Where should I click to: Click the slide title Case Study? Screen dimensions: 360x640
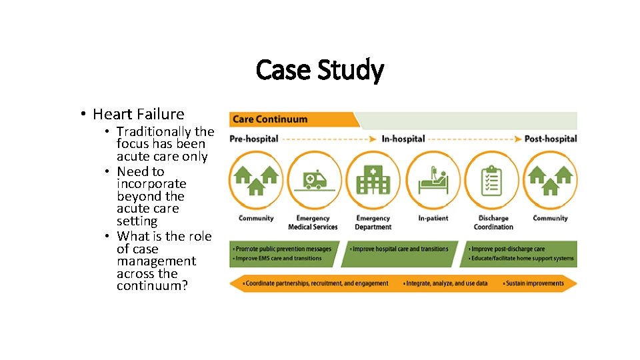[x=319, y=70]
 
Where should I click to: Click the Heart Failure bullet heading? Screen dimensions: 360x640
[x=139, y=114]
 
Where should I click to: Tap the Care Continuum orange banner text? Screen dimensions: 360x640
[x=269, y=119]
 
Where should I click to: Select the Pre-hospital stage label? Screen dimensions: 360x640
[x=254, y=139]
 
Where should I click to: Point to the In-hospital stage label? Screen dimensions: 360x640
[x=403, y=139]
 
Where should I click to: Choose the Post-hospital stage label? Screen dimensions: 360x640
[x=551, y=139]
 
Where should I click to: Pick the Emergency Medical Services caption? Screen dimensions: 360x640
[x=313, y=223]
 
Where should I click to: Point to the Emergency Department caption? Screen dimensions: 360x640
[x=373, y=223]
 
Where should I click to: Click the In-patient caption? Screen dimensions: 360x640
[x=433, y=219]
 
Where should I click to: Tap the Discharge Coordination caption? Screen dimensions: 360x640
[x=493, y=223]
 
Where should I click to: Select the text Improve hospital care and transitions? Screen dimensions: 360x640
[x=400, y=249]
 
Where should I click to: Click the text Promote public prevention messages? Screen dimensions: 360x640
[x=283, y=249]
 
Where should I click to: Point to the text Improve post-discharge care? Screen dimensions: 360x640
[x=508, y=249]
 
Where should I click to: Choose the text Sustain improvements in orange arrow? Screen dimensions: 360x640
[x=535, y=283]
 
